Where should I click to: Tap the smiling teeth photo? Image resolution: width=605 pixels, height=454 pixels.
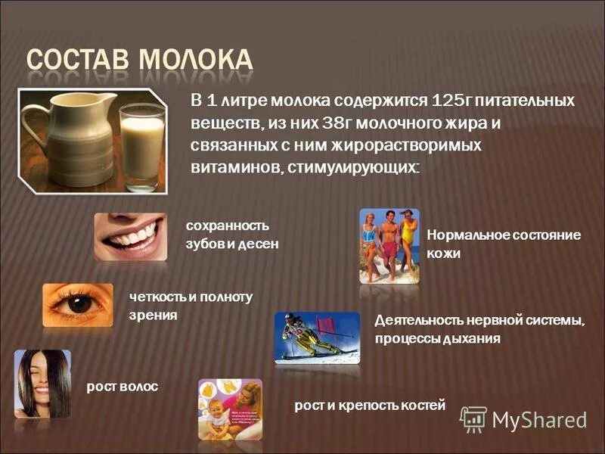pos(130,237)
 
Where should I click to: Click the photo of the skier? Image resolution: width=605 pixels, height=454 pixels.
pos(317,337)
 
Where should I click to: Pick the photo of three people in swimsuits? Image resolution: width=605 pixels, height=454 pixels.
pos(389,246)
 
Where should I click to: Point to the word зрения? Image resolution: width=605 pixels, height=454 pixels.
pos(154,315)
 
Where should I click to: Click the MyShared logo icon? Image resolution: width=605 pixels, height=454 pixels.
pos(474,419)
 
